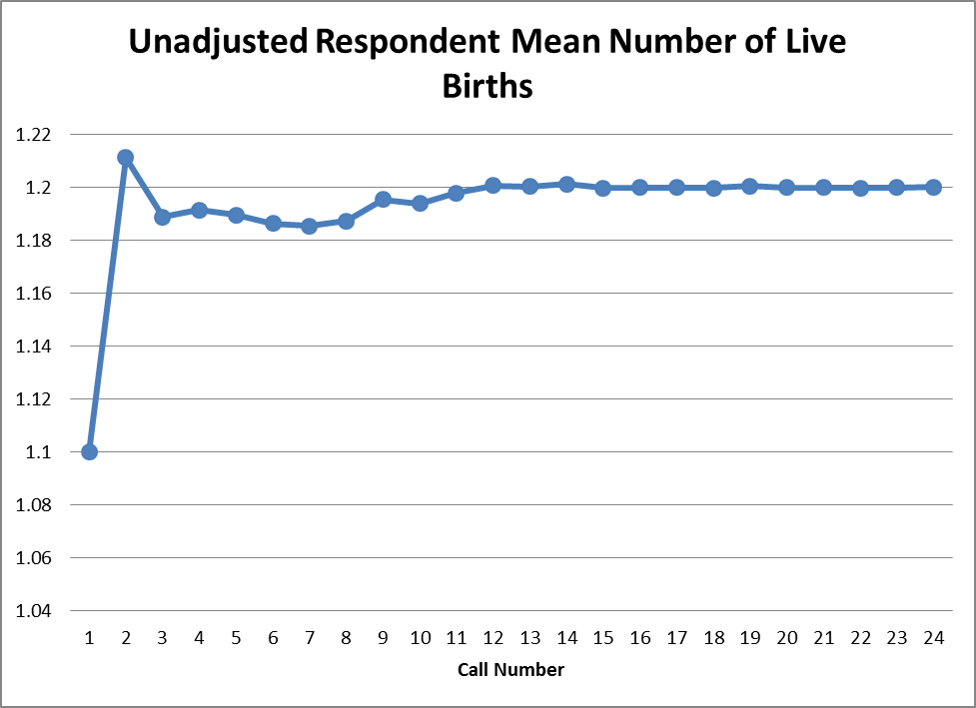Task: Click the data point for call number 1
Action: coord(89,451)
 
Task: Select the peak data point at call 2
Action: coord(126,157)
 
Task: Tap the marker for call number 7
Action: coord(309,226)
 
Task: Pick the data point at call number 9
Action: coord(383,200)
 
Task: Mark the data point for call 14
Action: coord(566,184)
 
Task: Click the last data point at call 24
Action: coord(933,187)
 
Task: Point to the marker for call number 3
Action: coord(163,217)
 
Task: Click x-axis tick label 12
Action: coord(492,637)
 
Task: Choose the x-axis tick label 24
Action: coord(933,637)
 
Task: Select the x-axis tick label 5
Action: coord(236,637)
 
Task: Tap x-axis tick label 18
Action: coord(713,637)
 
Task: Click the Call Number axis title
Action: coord(510,669)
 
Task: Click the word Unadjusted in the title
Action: coord(217,43)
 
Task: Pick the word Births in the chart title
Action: coord(488,87)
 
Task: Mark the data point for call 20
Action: coord(786,187)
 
